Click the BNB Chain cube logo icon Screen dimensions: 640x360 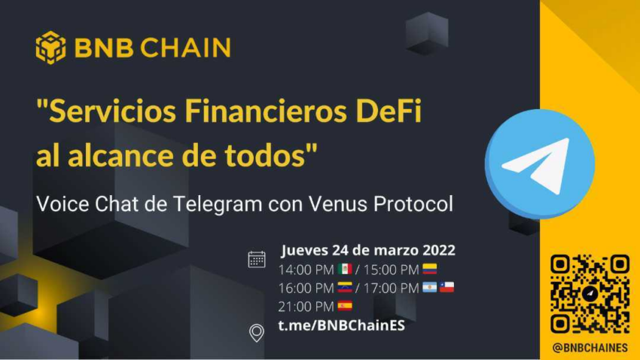pyautogui.click(x=50, y=47)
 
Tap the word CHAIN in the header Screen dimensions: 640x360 pyautogui.click(x=186, y=47)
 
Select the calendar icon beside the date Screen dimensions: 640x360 pyautogui.click(x=257, y=259)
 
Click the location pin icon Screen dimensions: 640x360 pyautogui.click(x=257, y=333)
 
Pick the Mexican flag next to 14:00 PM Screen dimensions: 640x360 pyautogui.click(x=345, y=269)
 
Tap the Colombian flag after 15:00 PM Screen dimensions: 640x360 pyautogui.click(x=430, y=269)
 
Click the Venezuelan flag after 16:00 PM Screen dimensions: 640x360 pyautogui.click(x=345, y=287)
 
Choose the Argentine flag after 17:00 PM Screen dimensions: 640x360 pyautogui.click(x=430, y=287)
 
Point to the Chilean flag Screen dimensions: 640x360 pyautogui.click(x=447, y=287)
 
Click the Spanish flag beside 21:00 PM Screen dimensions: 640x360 pyautogui.click(x=345, y=305)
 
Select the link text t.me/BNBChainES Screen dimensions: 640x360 pyautogui.click(x=342, y=325)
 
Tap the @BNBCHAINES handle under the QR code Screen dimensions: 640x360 pyautogui.click(x=590, y=348)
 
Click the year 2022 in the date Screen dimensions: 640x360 pyautogui.click(x=439, y=250)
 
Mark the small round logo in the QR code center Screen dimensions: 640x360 pyautogui.click(x=590, y=294)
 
